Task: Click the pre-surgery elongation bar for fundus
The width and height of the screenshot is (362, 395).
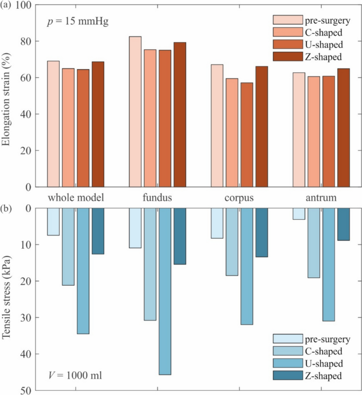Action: point(135,111)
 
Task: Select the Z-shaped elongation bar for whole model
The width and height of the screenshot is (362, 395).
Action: point(98,124)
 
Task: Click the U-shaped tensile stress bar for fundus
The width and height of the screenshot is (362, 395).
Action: point(165,291)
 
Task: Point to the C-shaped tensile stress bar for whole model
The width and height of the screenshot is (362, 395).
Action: point(68,247)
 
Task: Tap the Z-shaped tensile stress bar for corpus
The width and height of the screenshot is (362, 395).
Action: point(262,232)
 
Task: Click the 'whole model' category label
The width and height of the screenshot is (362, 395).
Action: point(75,198)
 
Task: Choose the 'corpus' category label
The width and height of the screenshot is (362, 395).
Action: point(239,198)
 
